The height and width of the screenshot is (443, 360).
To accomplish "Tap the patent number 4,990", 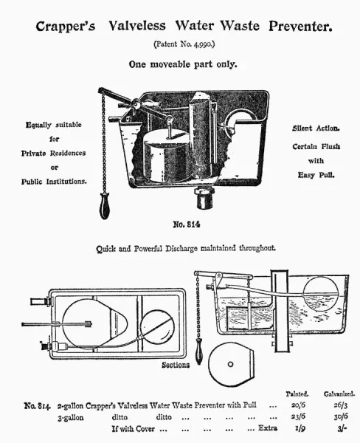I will [193, 45].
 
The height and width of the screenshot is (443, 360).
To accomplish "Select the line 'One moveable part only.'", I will [183, 64].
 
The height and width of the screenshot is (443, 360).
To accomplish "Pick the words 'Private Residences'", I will [53, 153].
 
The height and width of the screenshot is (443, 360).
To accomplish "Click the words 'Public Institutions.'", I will [53, 181].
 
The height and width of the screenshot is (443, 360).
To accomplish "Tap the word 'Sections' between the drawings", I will [176, 365].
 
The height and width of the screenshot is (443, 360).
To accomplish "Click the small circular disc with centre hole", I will [230, 363].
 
